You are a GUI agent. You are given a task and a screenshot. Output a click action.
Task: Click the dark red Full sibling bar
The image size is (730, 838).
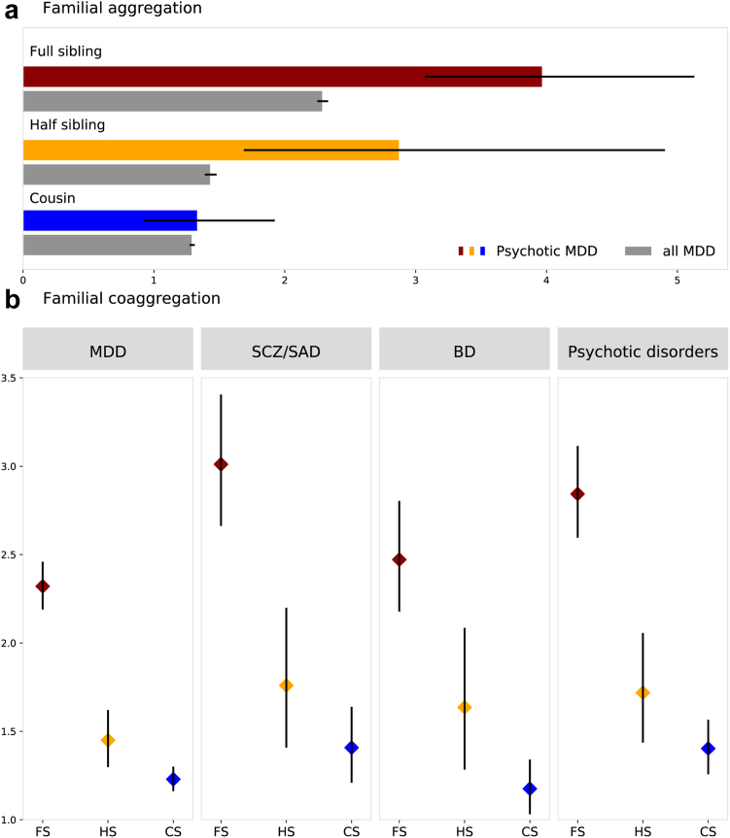[282, 76]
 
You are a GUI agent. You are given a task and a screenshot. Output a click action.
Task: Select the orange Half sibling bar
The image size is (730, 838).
[210, 150]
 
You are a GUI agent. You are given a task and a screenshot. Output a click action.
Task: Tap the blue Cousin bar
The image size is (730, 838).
[109, 220]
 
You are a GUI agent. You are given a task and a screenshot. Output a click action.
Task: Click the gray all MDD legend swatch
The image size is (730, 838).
[638, 251]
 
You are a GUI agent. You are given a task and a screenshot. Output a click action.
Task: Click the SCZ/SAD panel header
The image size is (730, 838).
[286, 348]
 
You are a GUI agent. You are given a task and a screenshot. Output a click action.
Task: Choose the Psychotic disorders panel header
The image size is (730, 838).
[643, 348]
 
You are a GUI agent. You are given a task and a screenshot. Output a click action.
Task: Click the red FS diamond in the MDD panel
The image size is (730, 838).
[43, 587]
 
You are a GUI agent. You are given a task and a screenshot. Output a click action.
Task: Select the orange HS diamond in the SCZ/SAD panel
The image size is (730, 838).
[286, 686]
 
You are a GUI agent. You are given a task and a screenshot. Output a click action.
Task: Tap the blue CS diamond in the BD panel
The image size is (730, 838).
[530, 788]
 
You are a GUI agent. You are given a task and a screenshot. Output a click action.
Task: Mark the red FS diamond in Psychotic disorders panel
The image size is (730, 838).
[578, 494]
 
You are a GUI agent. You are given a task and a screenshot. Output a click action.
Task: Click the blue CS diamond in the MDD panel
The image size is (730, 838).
[173, 779]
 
